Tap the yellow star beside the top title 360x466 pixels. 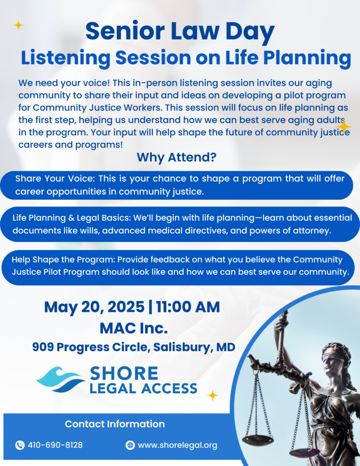[18, 25]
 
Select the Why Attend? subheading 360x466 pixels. [177, 157]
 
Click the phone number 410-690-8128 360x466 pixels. [55, 445]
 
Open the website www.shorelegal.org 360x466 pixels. [177, 445]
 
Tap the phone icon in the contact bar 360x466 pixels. [20, 445]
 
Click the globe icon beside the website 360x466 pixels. [130, 445]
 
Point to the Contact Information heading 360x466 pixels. [115, 424]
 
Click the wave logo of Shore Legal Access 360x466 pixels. [61, 380]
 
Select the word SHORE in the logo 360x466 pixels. [124, 374]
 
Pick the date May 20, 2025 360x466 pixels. [95, 307]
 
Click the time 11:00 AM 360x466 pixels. [188, 307]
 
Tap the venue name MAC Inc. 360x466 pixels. [134, 328]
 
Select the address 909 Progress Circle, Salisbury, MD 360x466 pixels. [134, 347]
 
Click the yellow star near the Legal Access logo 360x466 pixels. [213, 395]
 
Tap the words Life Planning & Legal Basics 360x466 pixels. [71, 218]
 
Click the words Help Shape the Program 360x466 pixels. [62, 260]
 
